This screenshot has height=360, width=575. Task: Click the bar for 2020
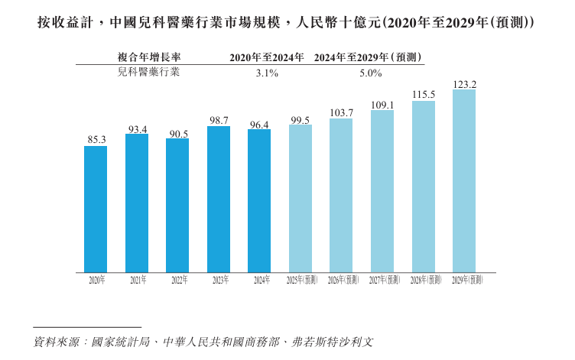click(x=96, y=209)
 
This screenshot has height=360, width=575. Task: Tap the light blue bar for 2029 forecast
click(x=464, y=181)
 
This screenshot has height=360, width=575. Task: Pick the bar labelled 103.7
click(x=341, y=195)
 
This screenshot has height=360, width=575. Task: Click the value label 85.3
click(x=96, y=139)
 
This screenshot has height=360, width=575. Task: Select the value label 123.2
click(x=464, y=84)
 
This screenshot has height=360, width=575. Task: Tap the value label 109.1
click(x=382, y=105)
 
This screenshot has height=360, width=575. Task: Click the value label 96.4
click(x=260, y=124)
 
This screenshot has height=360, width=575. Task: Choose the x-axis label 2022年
click(x=178, y=281)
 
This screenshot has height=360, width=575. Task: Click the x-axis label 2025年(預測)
click(x=300, y=281)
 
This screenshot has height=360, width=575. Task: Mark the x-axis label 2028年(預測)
click(x=423, y=281)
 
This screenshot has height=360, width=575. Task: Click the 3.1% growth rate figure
click(x=266, y=73)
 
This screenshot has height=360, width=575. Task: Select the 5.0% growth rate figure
click(x=370, y=73)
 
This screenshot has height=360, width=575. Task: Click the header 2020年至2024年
click(x=267, y=57)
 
